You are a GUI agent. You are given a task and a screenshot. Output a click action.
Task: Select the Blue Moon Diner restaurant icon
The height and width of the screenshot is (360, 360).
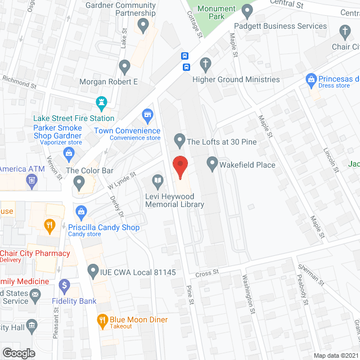click(x=102, y=320)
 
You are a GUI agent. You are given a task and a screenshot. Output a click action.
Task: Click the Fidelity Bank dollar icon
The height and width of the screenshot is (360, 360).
click(x=65, y=285)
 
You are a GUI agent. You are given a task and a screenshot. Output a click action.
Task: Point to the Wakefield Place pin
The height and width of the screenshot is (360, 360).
click(x=212, y=164)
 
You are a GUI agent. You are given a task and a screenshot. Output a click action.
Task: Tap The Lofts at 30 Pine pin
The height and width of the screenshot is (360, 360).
click(x=179, y=138)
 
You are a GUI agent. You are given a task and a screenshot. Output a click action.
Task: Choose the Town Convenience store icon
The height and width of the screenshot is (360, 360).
click(x=147, y=115)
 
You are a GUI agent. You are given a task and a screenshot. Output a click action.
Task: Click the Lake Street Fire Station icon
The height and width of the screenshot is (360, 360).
click(x=101, y=103)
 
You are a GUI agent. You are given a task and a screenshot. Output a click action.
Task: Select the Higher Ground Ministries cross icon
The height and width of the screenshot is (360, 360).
click(x=206, y=65)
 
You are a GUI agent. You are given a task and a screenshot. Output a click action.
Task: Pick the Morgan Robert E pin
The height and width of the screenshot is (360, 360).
click(x=124, y=66)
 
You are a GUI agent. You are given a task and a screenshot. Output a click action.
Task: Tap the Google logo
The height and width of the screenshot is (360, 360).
click(x=19, y=353)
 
